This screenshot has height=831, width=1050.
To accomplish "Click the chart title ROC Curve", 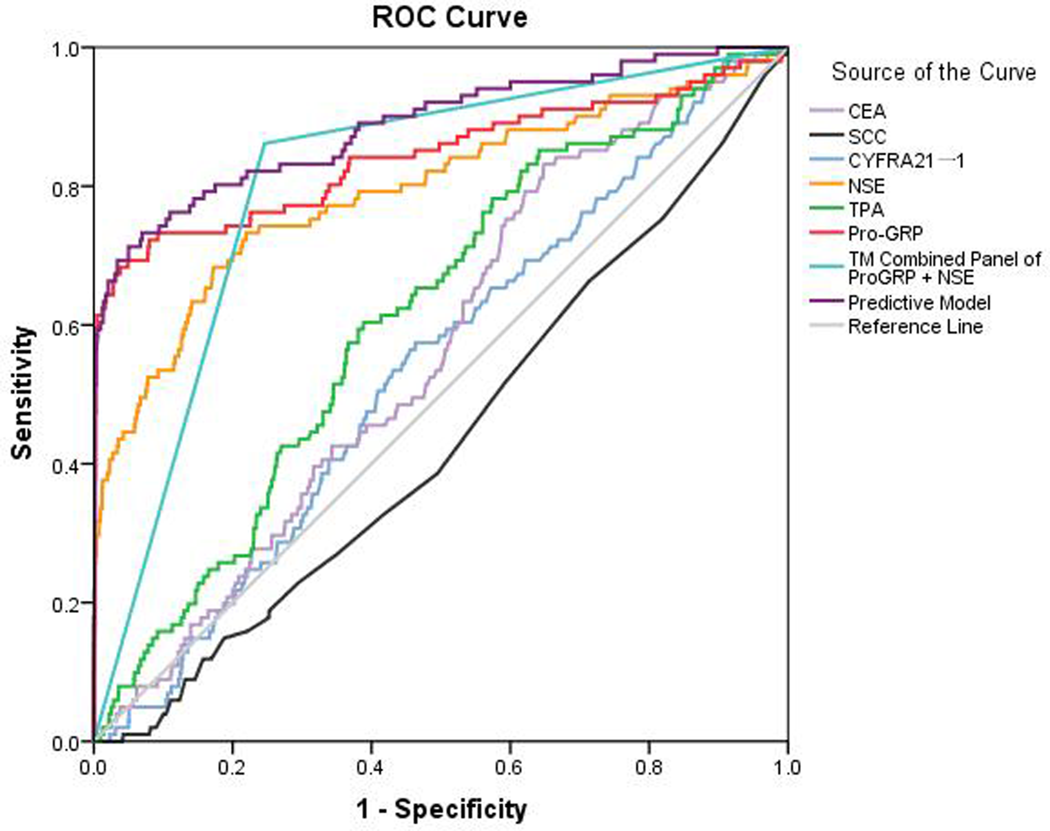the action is [449, 18].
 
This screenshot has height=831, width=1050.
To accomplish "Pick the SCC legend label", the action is [867, 137].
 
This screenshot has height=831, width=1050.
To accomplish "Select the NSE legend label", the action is [866, 186].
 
